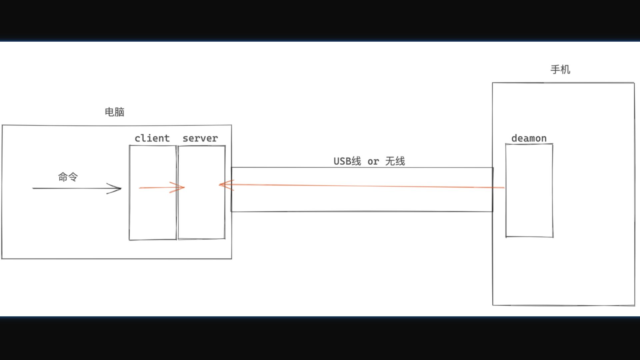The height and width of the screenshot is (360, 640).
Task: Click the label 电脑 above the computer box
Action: coord(114,112)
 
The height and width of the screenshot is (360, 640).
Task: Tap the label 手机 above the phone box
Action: coord(560,70)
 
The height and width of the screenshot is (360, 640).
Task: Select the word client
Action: coord(152,138)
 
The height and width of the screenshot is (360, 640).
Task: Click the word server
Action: coord(200,138)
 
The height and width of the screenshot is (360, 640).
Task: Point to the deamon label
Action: coord(529,138)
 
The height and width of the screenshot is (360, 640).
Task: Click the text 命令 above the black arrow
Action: coord(68,177)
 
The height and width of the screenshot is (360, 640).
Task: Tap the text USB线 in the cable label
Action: coord(347,161)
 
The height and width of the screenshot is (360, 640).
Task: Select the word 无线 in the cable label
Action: coord(395,161)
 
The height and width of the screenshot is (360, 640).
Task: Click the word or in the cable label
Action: coord(373,162)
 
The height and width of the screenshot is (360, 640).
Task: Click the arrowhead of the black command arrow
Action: coord(117,188)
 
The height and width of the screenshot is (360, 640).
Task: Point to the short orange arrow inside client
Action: coord(157,188)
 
